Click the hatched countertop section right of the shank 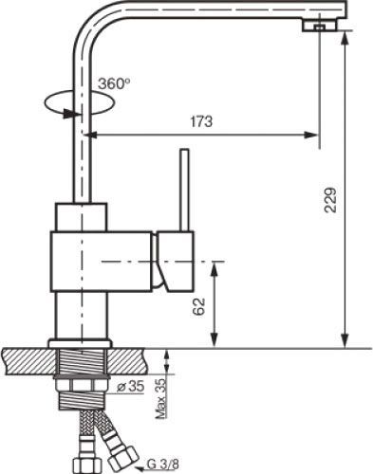132,360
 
